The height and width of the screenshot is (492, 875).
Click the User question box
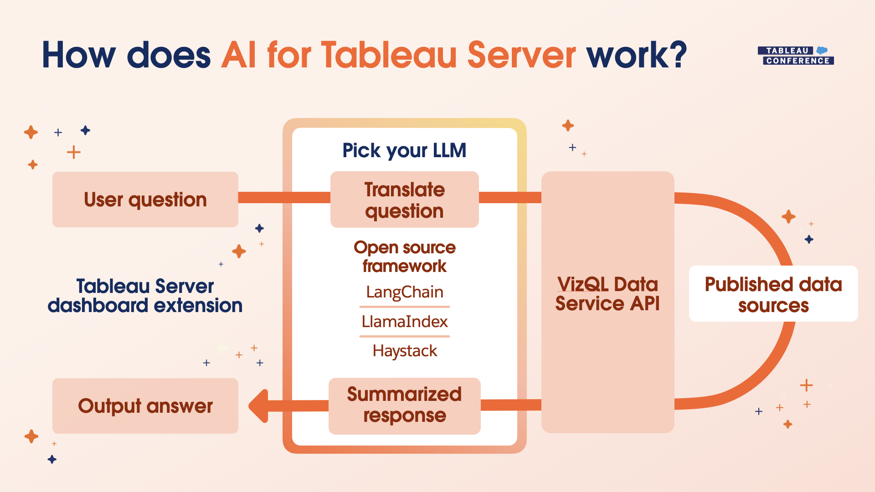tap(145, 200)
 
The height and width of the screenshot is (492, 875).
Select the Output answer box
tap(145, 406)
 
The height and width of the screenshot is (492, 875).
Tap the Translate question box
tap(404, 200)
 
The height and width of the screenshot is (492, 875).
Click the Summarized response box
tap(404, 405)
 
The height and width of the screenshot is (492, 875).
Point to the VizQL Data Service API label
tap(607, 294)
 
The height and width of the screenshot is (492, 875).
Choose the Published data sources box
tap(773, 294)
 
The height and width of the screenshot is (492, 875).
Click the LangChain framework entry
tap(405, 292)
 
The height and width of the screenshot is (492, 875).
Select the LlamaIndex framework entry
tap(405, 322)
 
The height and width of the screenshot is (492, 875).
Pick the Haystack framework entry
tap(405, 351)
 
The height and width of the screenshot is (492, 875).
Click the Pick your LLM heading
tap(404, 150)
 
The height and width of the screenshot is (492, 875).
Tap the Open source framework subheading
tap(405, 256)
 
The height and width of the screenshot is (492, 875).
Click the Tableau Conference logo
tap(796, 56)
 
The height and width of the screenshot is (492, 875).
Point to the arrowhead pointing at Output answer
tap(259, 405)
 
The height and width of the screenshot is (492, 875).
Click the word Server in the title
tap(521, 55)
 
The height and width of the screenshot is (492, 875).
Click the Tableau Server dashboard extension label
tap(145, 296)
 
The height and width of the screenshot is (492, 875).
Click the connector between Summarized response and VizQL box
tap(511, 405)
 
